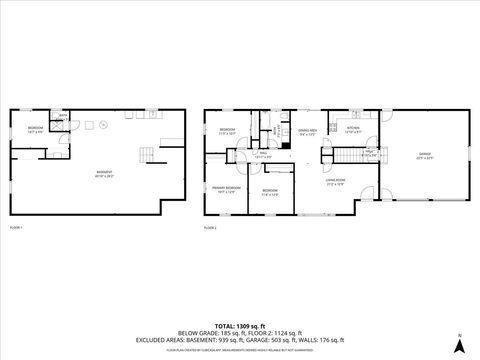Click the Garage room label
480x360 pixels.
(424, 155)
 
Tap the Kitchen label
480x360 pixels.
(353, 129)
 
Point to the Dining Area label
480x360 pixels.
(308, 131)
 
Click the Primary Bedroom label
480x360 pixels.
(225, 189)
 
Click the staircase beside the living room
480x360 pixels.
(346, 155)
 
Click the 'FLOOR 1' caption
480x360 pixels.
(16, 229)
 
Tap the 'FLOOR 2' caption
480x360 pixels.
(210, 229)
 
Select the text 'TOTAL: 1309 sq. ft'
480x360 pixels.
(240, 327)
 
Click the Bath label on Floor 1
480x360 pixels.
(62, 118)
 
